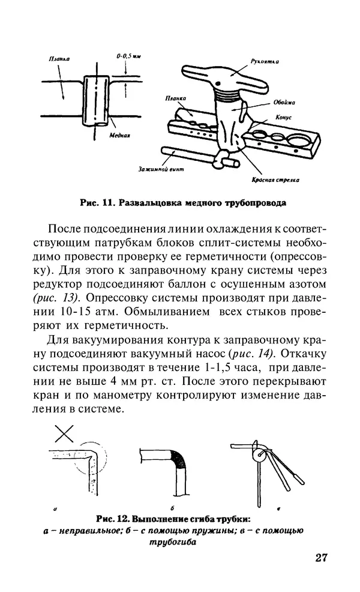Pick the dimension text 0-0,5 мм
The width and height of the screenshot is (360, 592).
point(128,56)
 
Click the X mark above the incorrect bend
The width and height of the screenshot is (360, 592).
point(65,433)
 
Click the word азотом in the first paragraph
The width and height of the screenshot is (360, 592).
point(305,282)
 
